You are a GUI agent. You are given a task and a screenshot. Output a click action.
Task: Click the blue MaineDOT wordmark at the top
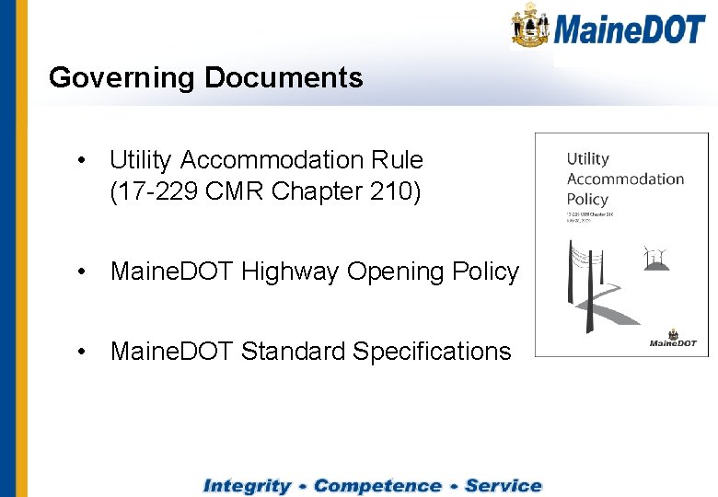pos(629,29)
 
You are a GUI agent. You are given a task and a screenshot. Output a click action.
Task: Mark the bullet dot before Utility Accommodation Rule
pos(83,160)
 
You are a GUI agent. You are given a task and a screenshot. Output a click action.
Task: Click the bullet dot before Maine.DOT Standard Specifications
pos(83,351)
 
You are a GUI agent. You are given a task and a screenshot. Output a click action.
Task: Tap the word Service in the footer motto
pos(503,486)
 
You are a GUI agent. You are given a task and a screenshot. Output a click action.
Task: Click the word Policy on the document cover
pos(587,199)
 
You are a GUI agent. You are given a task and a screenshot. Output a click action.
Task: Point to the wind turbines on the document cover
pos(656,257)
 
